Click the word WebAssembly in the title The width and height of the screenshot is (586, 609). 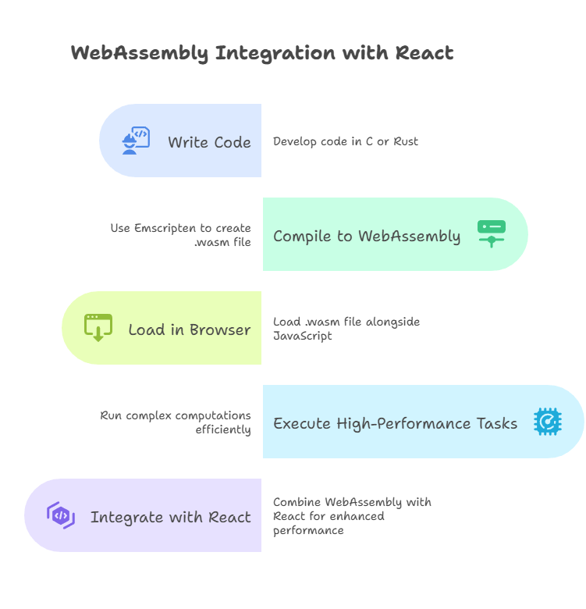pos(140,53)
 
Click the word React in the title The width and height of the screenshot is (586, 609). pos(424,53)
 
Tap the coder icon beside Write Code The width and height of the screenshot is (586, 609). pos(135,141)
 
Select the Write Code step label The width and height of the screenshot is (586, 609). pos(209,142)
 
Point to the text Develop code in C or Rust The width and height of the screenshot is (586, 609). pos(345,141)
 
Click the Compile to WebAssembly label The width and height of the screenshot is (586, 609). pos(367,236)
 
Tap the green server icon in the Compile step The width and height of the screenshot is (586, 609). pos(492,233)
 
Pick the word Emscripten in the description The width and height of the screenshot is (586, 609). pos(165,228)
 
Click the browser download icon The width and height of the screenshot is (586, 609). pos(98,328)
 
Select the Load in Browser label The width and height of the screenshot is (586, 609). pos(190,329)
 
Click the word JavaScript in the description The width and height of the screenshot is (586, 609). pos(303,336)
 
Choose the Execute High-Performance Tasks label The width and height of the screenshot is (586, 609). pos(395,423)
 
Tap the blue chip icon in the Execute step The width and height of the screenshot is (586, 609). pos(547,421)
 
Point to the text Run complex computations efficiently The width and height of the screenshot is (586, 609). pos(176,422)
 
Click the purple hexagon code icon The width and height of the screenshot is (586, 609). pos(61,515)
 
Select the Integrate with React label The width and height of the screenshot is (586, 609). pos(170,517)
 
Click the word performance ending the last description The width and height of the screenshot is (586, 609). pos(308,530)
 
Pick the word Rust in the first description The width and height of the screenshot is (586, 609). pos(405,141)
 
